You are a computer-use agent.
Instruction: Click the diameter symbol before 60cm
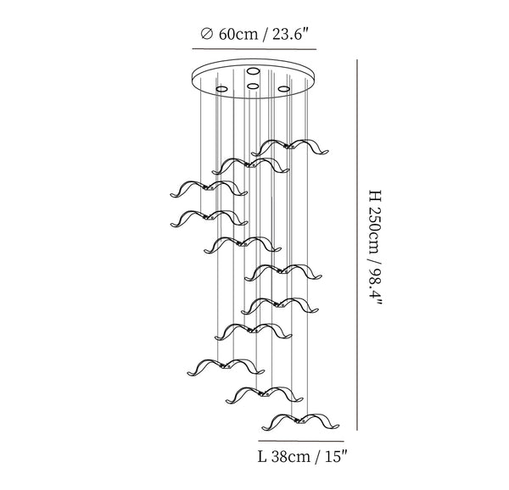click(x=207, y=34)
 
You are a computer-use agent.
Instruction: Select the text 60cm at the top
click(x=238, y=34)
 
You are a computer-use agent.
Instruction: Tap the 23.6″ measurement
click(x=289, y=34)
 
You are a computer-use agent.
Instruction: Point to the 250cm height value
click(x=374, y=232)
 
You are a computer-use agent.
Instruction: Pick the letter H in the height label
click(x=374, y=195)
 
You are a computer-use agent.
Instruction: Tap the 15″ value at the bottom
click(x=336, y=457)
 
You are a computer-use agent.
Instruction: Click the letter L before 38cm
click(x=262, y=457)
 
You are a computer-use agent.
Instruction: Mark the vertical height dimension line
click(x=357, y=245)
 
